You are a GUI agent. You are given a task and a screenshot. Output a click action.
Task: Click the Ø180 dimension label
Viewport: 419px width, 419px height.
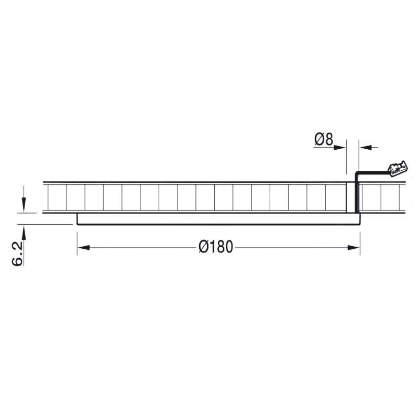tap(216, 247)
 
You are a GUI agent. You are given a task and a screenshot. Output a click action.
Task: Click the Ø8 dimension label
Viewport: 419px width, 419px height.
tap(324, 139)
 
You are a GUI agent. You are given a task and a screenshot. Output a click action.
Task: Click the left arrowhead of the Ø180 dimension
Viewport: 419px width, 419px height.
tap(83, 248)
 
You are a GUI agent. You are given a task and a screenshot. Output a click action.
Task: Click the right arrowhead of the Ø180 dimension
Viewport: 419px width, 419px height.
tap(354, 248)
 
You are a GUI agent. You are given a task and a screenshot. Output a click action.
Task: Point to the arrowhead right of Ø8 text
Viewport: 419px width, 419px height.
tap(340, 147)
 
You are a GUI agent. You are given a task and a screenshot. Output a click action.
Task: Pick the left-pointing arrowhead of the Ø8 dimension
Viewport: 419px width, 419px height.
tap(366, 147)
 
